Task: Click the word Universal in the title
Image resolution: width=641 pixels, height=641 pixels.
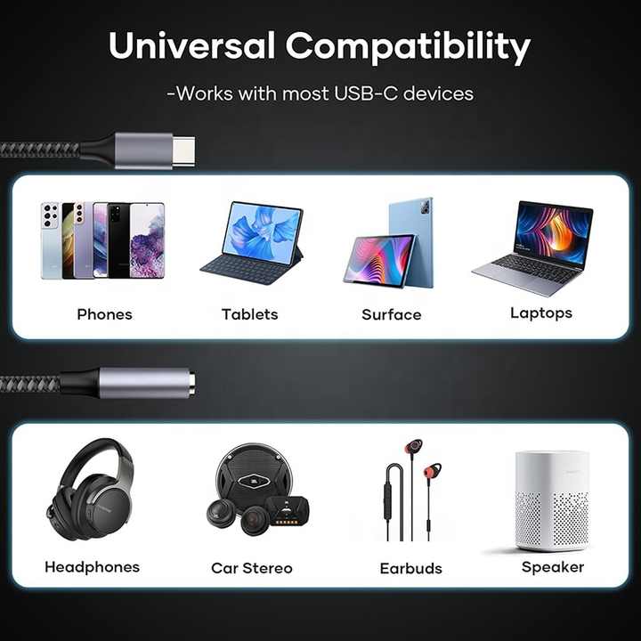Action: tap(191, 45)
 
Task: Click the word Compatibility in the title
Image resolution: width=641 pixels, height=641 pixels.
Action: tap(408, 48)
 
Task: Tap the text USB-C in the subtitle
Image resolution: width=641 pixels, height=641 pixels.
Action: tap(366, 93)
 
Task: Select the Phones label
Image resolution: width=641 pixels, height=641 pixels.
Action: tap(105, 314)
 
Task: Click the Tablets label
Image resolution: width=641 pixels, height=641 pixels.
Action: tap(250, 314)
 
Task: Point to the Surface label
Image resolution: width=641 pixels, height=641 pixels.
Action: tap(391, 315)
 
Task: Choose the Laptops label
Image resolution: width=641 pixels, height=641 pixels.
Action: tap(541, 313)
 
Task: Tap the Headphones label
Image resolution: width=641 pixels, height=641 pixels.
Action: tap(93, 567)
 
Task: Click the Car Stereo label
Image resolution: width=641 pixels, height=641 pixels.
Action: tap(252, 568)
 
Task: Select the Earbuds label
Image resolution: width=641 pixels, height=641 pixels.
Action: tap(410, 568)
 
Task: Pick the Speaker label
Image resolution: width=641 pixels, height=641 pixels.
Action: tap(553, 567)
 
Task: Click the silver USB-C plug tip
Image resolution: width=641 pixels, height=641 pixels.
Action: tap(183, 150)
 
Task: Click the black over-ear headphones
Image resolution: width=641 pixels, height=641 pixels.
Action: tap(90, 490)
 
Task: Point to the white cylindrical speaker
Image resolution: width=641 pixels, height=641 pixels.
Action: tap(552, 501)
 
